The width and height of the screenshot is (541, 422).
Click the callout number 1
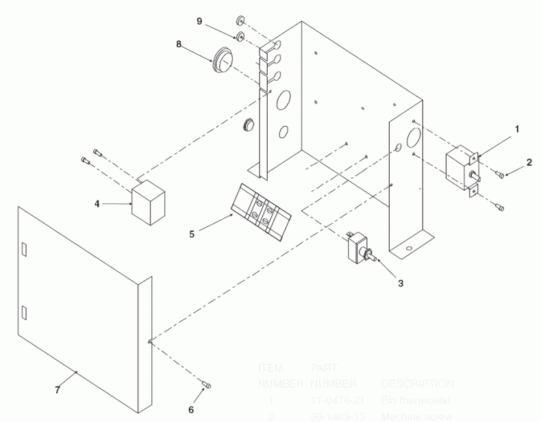tap(517, 128)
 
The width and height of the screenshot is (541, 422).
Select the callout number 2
tap(529, 162)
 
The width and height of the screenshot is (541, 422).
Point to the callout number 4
tap(97, 203)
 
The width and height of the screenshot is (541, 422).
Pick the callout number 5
tap(192, 233)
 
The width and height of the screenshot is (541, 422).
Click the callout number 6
tap(191, 410)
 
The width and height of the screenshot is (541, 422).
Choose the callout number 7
tap(57, 390)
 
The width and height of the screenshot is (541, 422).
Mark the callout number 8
tap(179, 44)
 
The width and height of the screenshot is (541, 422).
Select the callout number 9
tap(199, 21)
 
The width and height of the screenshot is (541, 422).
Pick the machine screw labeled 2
tap(501, 175)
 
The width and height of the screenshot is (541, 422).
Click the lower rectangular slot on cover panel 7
tap(25, 314)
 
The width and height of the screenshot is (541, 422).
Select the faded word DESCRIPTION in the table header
tap(416, 384)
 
